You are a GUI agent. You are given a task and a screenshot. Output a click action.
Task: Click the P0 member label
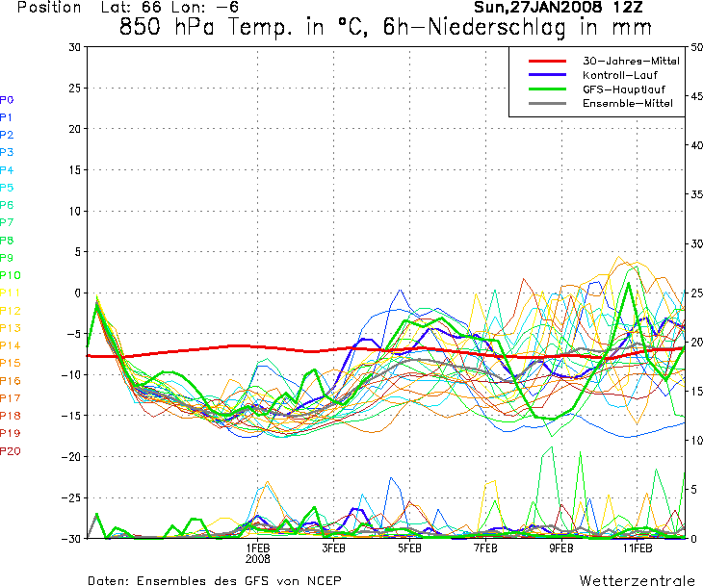tap(7, 99)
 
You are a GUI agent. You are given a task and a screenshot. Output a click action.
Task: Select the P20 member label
tap(10, 450)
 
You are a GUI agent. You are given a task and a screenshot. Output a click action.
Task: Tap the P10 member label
tap(10, 275)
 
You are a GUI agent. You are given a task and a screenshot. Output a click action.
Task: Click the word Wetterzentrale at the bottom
tap(637, 581)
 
